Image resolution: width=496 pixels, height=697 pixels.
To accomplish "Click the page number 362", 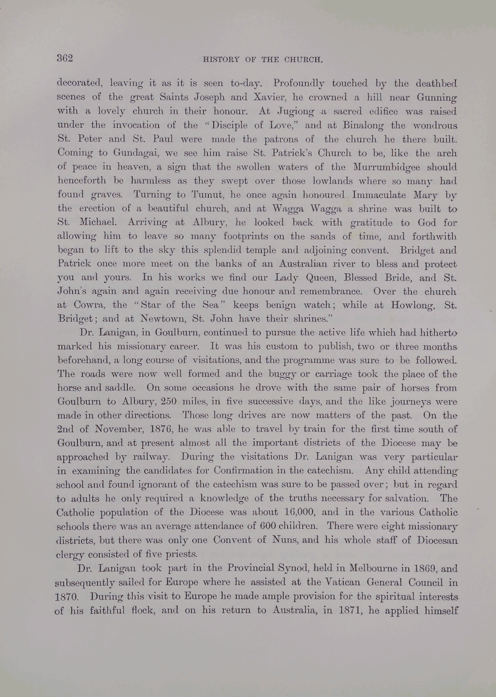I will tap(65, 58).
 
